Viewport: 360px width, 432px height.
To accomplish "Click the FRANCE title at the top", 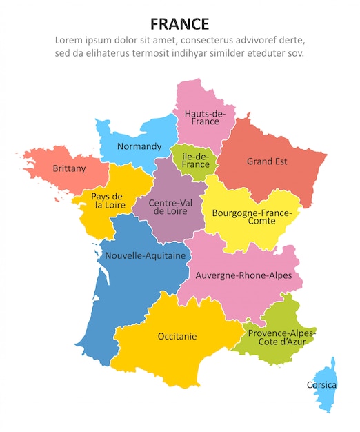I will tap(179, 23).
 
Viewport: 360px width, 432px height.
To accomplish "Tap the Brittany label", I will tap(69, 168).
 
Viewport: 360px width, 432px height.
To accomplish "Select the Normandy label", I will tap(139, 146).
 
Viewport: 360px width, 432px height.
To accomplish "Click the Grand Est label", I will tap(267, 161).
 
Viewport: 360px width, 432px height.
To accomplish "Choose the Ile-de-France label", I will tap(195, 160).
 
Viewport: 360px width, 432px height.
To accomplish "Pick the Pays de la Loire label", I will tap(108, 200).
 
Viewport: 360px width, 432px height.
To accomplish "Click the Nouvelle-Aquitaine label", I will tap(146, 255).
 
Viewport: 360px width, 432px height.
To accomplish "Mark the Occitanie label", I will tap(177, 336).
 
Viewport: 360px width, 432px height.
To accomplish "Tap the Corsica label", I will tap(322, 384).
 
